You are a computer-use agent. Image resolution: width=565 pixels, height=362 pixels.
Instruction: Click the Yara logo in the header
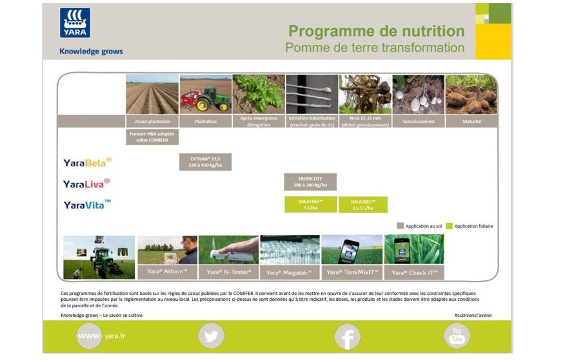75,23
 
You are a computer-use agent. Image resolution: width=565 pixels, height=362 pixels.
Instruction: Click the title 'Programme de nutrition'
376,32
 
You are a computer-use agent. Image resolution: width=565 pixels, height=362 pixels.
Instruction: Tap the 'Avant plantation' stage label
152,121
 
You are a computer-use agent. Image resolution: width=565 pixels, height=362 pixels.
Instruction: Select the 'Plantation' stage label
205,121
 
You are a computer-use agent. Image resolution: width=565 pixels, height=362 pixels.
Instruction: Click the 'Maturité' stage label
471,121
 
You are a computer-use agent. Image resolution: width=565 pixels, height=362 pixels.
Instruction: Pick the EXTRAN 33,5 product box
205,162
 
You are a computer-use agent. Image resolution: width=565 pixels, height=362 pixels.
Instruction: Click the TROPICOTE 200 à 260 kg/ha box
310,182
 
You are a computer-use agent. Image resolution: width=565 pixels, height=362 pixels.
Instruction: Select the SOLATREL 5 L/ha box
310,205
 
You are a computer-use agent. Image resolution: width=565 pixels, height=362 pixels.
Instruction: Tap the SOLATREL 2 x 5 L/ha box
363,205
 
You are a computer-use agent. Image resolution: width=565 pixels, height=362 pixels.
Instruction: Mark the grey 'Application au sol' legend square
401,226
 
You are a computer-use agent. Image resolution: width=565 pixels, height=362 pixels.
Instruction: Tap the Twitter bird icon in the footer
211,336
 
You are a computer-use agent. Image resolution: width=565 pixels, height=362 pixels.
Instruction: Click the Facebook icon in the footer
347,336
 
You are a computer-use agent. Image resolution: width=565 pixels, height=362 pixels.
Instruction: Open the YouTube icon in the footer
457,336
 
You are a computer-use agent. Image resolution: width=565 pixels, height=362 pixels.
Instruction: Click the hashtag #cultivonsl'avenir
473,315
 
